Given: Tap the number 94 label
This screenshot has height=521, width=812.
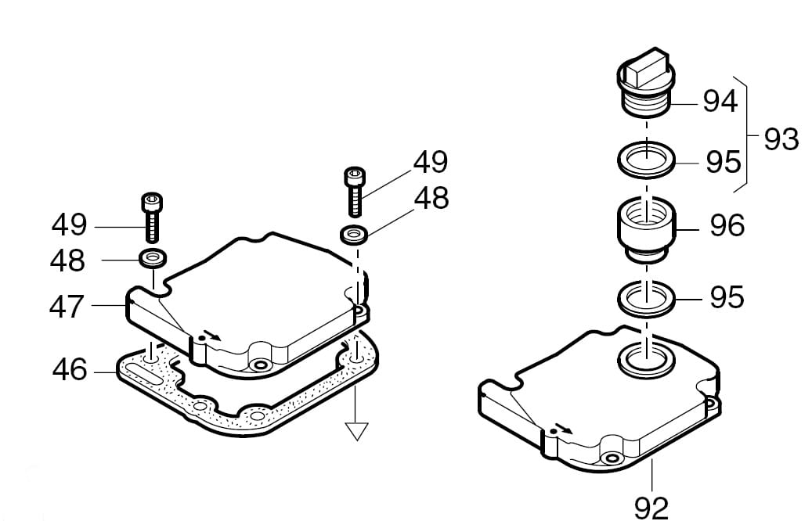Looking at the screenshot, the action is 720,102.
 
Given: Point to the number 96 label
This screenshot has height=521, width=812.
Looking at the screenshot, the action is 727,225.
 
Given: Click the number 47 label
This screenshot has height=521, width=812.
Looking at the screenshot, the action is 67,307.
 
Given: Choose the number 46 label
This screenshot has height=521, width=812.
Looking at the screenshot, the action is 70,371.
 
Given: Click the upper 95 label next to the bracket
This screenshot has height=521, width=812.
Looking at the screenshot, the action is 724,163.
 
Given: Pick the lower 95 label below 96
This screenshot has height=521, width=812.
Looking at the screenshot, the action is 727,297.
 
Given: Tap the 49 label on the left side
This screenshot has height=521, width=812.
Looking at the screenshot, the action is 69,225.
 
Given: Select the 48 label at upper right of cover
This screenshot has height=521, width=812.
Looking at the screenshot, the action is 431,198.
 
